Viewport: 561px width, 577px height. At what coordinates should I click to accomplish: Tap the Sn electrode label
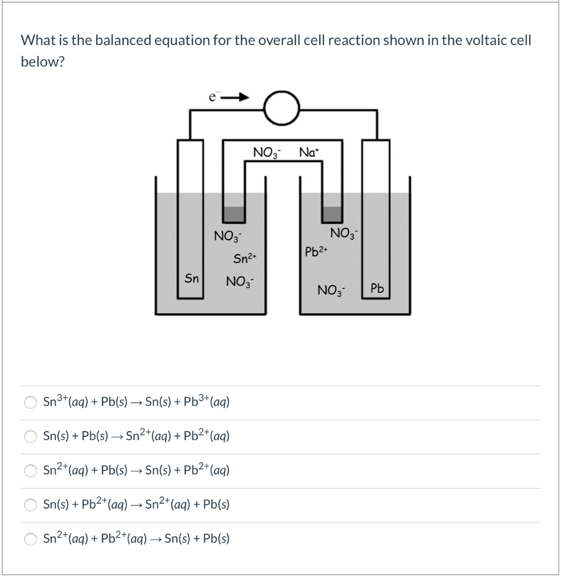[x=192, y=278]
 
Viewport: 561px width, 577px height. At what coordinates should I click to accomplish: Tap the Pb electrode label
[x=376, y=289]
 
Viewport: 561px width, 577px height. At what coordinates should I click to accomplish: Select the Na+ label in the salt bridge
[x=309, y=152]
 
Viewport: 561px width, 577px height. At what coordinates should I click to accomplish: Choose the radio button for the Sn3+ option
[x=30, y=402]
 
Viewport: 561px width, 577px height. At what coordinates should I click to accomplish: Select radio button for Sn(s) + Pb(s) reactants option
[x=30, y=437]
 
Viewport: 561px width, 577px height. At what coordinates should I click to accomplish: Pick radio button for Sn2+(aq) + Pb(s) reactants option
[x=30, y=471]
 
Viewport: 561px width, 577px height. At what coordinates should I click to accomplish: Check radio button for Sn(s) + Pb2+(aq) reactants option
[x=30, y=505]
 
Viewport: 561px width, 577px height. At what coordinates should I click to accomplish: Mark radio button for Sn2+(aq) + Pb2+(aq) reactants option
[x=30, y=539]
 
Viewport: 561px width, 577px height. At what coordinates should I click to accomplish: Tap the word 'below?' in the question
[x=43, y=61]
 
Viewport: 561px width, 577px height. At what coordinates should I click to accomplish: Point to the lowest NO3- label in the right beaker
[x=331, y=291]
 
